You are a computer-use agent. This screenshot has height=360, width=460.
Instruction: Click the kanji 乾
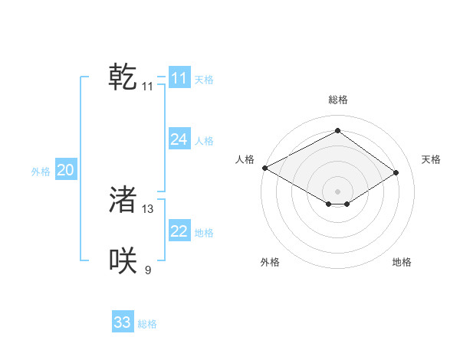[123, 77]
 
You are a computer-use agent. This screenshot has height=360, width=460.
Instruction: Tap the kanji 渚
[123, 200]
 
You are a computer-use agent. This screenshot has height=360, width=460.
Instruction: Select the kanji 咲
[123, 260]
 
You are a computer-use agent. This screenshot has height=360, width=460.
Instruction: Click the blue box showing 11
[179, 78]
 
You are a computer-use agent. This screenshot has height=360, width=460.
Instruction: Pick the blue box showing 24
[179, 139]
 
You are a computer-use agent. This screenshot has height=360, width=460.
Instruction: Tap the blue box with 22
[179, 231]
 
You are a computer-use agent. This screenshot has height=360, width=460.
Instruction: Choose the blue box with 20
[65, 170]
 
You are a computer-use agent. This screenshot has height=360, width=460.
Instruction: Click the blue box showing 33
[123, 322]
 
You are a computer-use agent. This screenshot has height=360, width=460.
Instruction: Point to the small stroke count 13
[148, 209]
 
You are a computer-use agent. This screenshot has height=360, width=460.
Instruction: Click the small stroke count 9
[148, 270]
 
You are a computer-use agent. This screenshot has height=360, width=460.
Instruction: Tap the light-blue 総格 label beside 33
[147, 324]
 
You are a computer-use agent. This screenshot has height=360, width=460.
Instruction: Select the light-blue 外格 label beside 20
[41, 172]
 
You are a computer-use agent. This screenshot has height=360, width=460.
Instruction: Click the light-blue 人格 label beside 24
[204, 141]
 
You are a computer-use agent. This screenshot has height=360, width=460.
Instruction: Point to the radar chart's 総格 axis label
[337, 100]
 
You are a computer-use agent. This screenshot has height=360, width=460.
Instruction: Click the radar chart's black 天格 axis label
[432, 159]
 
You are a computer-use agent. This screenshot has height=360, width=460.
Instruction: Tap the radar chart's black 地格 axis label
[402, 262]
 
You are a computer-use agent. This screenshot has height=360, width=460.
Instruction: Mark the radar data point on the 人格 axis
[264, 167]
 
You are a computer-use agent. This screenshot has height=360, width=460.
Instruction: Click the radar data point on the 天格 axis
[396, 172]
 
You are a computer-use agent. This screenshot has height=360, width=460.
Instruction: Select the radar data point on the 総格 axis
[337, 130]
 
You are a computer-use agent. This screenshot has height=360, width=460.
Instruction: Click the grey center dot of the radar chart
[337, 190]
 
